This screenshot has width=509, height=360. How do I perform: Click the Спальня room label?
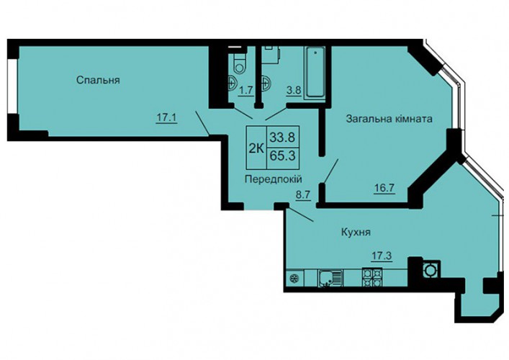[x=98, y=80]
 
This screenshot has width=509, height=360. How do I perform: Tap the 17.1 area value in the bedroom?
[x=166, y=118]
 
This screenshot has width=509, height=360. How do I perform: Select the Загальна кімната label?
[x=389, y=119]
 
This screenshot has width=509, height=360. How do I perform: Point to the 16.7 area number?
[x=384, y=188]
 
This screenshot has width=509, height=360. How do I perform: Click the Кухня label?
[x=356, y=232]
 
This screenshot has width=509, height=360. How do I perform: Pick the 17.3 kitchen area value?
[x=382, y=256]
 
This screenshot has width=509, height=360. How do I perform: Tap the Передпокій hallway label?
[x=274, y=179]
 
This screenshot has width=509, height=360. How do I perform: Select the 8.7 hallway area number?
[x=303, y=195]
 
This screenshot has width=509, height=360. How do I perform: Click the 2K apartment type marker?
[x=256, y=148]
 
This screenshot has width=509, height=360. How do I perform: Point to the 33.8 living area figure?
[x=282, y=138]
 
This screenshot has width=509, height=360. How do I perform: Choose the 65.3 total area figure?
[x=282, y=156]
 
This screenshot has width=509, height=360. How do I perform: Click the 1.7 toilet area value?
[x=246, y=90]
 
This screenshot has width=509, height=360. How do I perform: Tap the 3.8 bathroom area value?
[x=294, y=90]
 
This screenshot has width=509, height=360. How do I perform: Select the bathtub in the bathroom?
[x=315, y=72]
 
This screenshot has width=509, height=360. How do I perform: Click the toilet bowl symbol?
[x=239, y=63]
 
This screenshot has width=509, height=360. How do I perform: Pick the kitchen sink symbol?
[x=330, y=279]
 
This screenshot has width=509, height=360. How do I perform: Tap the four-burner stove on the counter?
[x=372, y=278]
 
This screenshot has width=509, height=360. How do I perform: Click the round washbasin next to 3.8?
[x=265, y=84]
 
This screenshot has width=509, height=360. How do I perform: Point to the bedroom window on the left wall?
[x=12, y=86]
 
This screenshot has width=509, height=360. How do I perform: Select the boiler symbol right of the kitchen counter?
[x=431, y=269]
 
